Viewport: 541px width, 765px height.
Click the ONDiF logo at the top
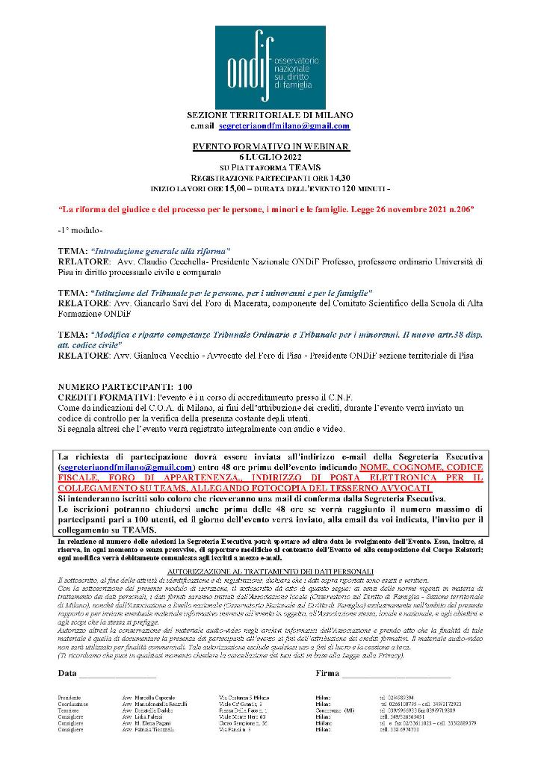click(270, 67)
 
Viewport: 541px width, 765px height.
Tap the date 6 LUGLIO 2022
click(270, 157)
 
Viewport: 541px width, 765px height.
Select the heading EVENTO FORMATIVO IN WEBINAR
click(270, 147)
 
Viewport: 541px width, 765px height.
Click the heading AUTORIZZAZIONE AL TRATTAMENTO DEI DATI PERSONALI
click(270, 572)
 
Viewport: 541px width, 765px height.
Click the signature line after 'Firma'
click(396, 675)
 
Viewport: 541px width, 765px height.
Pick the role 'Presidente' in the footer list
click(72, 696)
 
